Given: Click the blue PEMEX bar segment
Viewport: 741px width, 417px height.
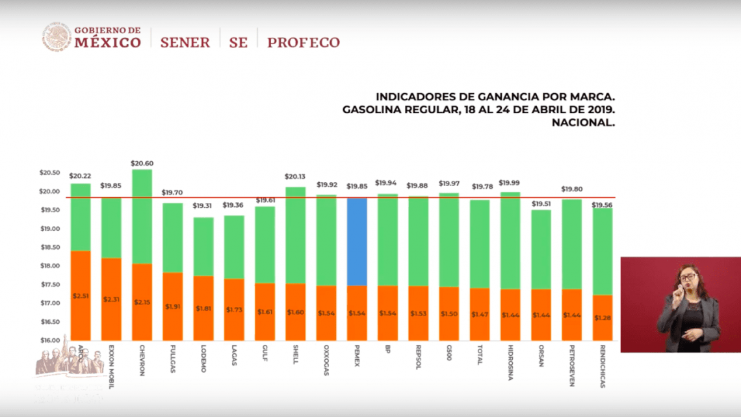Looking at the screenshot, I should coord(357,241).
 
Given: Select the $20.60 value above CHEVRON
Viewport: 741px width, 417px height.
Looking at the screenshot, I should coord(142,163).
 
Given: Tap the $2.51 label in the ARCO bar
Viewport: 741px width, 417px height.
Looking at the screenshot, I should coord(80,296).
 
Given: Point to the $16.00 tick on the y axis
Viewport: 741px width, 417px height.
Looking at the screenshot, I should coord(50,340).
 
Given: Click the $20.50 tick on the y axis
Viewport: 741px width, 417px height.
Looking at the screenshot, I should coord(50,172).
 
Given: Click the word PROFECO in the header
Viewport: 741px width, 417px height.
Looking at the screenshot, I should coord(304,43).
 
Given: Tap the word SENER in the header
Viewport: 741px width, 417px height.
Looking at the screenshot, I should coord(185,43).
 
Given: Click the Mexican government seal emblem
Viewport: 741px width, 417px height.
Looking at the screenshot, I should coord(57,37).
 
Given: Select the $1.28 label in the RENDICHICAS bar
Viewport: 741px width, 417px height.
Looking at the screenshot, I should coord(603,317).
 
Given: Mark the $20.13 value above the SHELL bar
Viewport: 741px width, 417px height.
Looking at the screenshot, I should coord(295,176).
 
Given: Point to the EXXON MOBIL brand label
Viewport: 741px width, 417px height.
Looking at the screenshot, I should coord(111,367).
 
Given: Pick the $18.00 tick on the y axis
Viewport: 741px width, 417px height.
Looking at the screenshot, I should coord(50,266).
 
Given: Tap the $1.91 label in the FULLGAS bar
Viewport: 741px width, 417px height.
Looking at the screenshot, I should coord(172,306).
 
